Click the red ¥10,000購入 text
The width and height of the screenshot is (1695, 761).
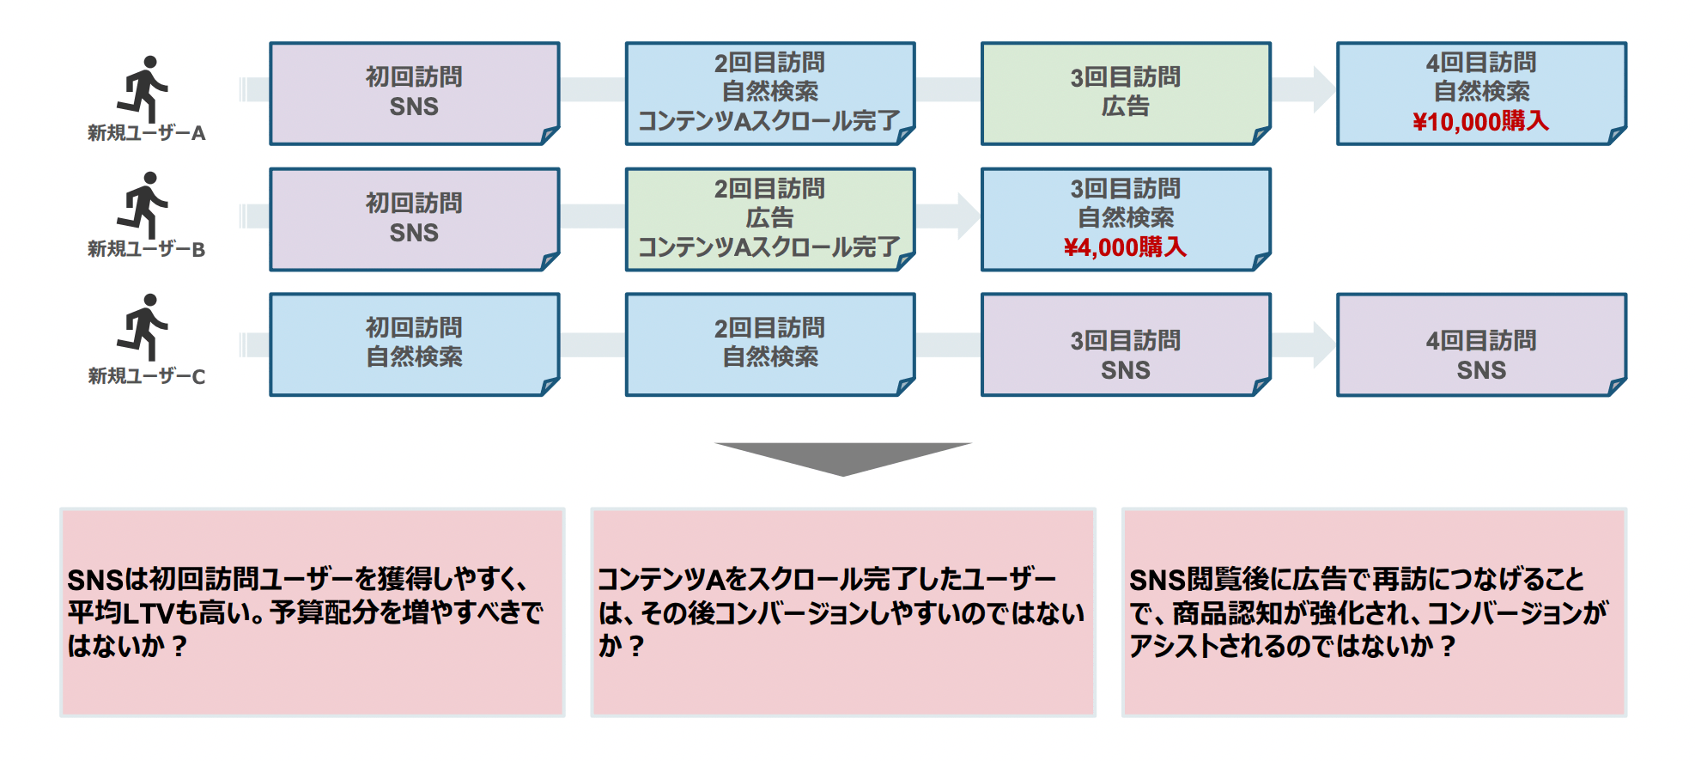tap(1480, 122)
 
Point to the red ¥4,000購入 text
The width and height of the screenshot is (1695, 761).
tap(1125, 248)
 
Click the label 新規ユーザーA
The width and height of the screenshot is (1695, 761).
tap(147, 133)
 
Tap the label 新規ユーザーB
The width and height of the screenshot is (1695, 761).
tap(147, 249)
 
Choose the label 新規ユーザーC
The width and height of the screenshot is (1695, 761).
tap(147, 376)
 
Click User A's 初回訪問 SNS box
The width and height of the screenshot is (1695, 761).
tap(414, 93)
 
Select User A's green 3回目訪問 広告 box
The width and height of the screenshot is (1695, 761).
tap(1125, 93)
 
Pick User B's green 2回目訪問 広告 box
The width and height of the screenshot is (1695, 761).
tap(769, 219)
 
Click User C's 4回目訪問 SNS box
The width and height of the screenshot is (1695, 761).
tap(1480, 344)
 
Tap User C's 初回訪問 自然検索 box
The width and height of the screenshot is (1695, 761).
tap(414, 344)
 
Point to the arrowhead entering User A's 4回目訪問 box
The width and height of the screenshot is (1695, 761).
tap(1323, 89)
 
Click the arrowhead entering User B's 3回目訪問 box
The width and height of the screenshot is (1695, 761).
tap(968, 216)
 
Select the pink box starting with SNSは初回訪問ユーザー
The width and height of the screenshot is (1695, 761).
tap(313, 612)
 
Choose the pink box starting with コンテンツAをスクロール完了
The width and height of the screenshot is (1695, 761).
tap(842, 612)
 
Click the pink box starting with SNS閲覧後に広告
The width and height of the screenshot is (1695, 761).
tap(1373, 612)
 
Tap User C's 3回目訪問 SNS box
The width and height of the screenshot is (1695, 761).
tap(1125, 344)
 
